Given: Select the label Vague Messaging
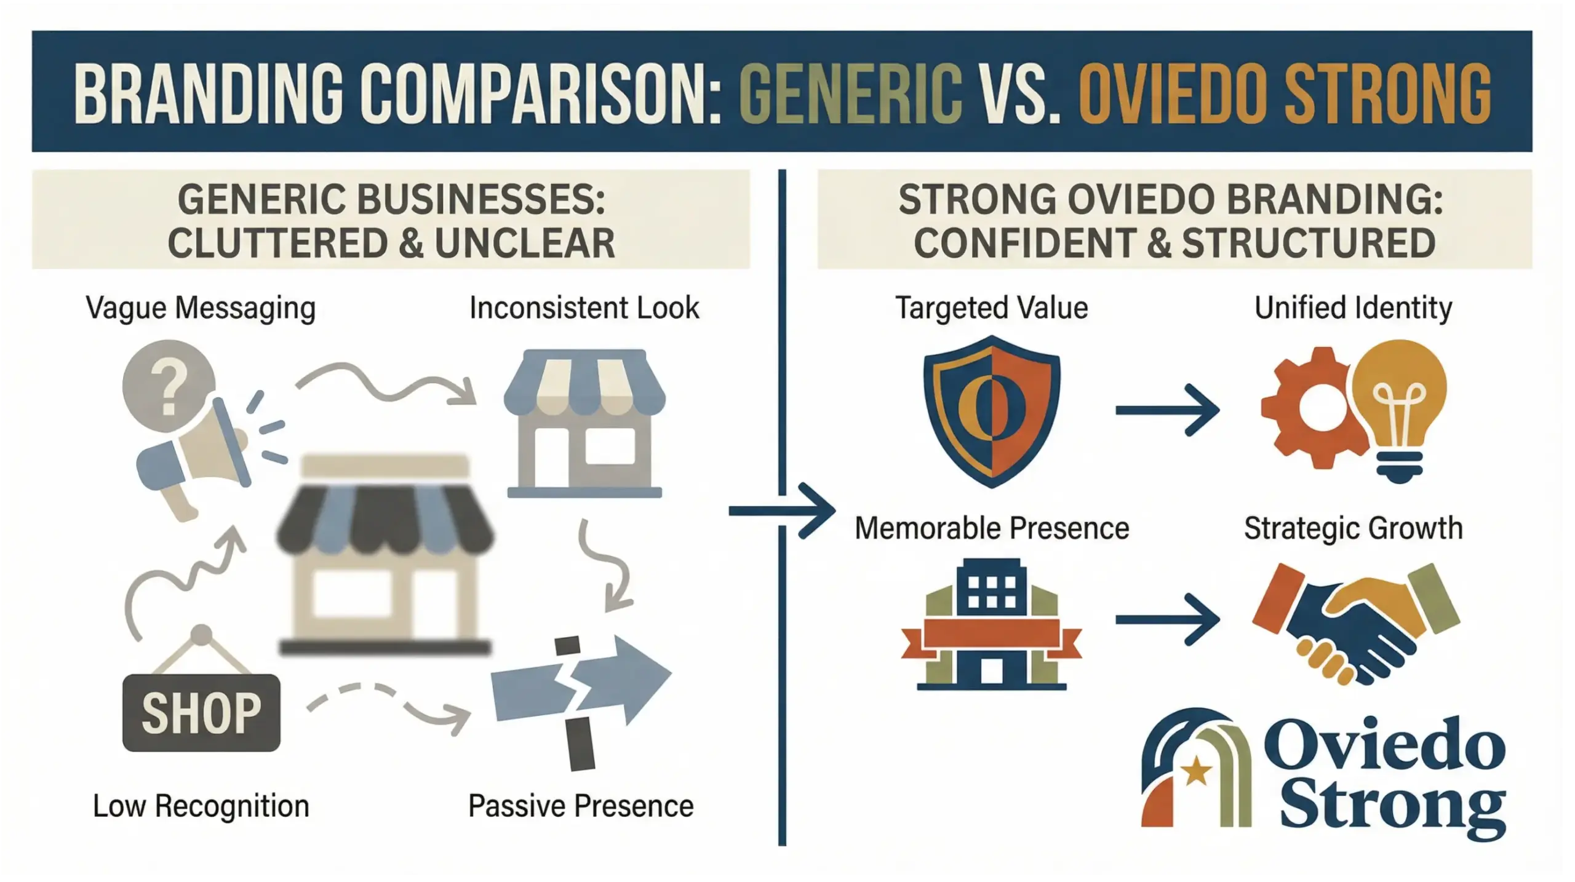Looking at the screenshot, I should (x=201, y=308).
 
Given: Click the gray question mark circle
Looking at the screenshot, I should (x=169, y=386).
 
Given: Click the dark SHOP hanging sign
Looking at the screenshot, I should (x=201, y=712).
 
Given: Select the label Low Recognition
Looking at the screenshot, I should (x=201, y=806).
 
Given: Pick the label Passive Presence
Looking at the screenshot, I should (x=581, y=806).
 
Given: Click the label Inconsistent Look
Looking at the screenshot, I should (x=584, y=308).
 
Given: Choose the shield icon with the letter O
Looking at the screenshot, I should (x=992, y=411).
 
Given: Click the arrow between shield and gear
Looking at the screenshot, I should (x=1166, y=410).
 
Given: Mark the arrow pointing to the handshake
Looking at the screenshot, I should (x=1166, y=619).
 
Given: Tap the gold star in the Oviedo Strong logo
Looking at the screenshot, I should (x=1196, y=770).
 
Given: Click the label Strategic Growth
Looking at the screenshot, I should (x=1353, y=528).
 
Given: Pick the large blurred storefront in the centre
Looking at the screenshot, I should (x=385, y=554).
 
